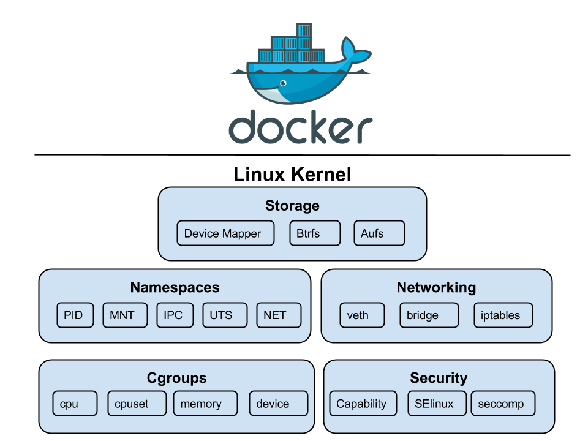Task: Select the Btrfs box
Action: [314, 233]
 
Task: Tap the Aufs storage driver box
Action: [379, 233]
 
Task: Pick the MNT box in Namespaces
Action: [125, 315]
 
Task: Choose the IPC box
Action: [175, 315]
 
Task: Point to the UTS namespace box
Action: [225, 315]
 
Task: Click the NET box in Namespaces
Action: [279, 315]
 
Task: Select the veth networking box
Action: [362, 315]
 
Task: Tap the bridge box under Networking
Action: [428, 315]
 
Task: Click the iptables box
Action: [503, 315]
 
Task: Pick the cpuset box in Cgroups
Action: [136, 404]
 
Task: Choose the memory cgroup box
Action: [205, 404]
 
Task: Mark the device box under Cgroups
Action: [277, 404]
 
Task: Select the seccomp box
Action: [503, 404]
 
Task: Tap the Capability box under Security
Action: [365, 404]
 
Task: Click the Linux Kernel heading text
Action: [293, 175]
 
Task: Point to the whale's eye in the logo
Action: [283, 83]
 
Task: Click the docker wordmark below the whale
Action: [300, 127]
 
